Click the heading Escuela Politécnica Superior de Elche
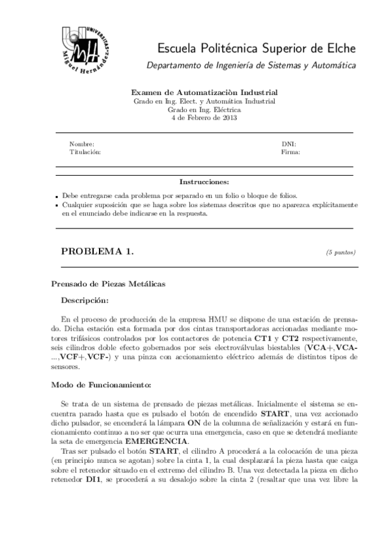(256, 48)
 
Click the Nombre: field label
(81, 144)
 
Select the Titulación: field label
(85, 152)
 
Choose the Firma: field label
(290, 152)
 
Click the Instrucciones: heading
(204, 182)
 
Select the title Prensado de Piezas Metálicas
(108, 284)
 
